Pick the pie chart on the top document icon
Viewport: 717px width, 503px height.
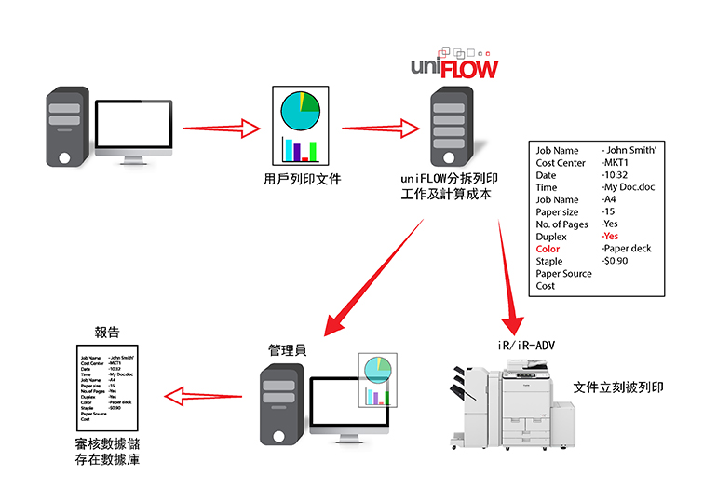(x=300, y=111)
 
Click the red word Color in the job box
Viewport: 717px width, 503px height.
(x=548, y=249)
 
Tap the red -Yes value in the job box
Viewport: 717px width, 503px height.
(x=611, y=237)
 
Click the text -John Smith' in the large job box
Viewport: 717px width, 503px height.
(x=629, y=150)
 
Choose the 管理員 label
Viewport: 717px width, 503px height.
(x=287, y=350)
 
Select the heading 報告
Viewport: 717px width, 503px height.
(x=107, y=333)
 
